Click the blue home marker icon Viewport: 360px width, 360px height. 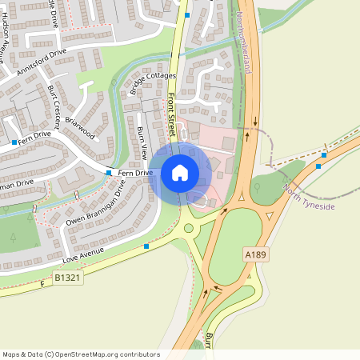(180, 173)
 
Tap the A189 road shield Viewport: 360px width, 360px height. (254, 254)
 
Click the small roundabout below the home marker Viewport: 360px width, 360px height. (189, 228)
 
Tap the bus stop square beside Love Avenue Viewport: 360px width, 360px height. (146, 246)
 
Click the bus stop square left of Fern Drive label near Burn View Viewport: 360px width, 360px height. (109, 172)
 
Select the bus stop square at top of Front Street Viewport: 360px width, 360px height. (187, 14)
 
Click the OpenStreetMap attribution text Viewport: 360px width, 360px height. (81, 354)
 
